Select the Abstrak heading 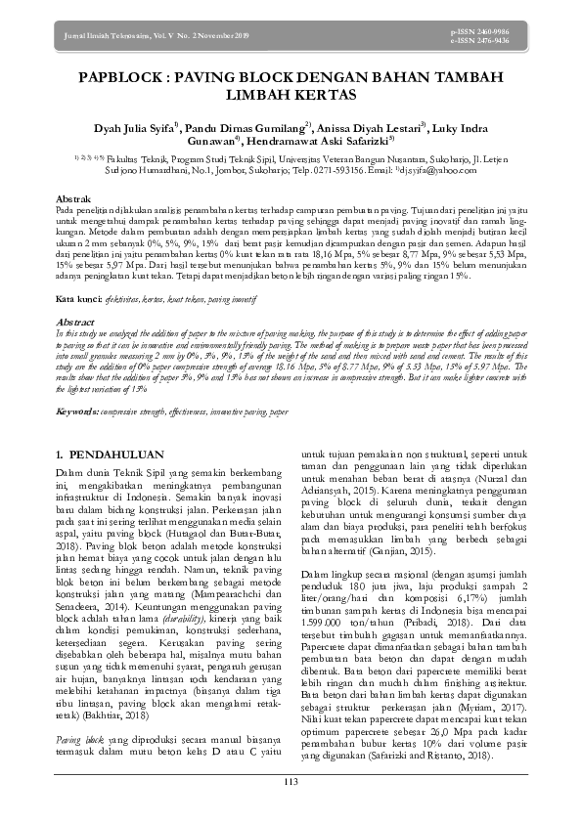pos(72,198)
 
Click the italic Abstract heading pos(74,321)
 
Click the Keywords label pos(77,412)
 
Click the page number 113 pos(291,780)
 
